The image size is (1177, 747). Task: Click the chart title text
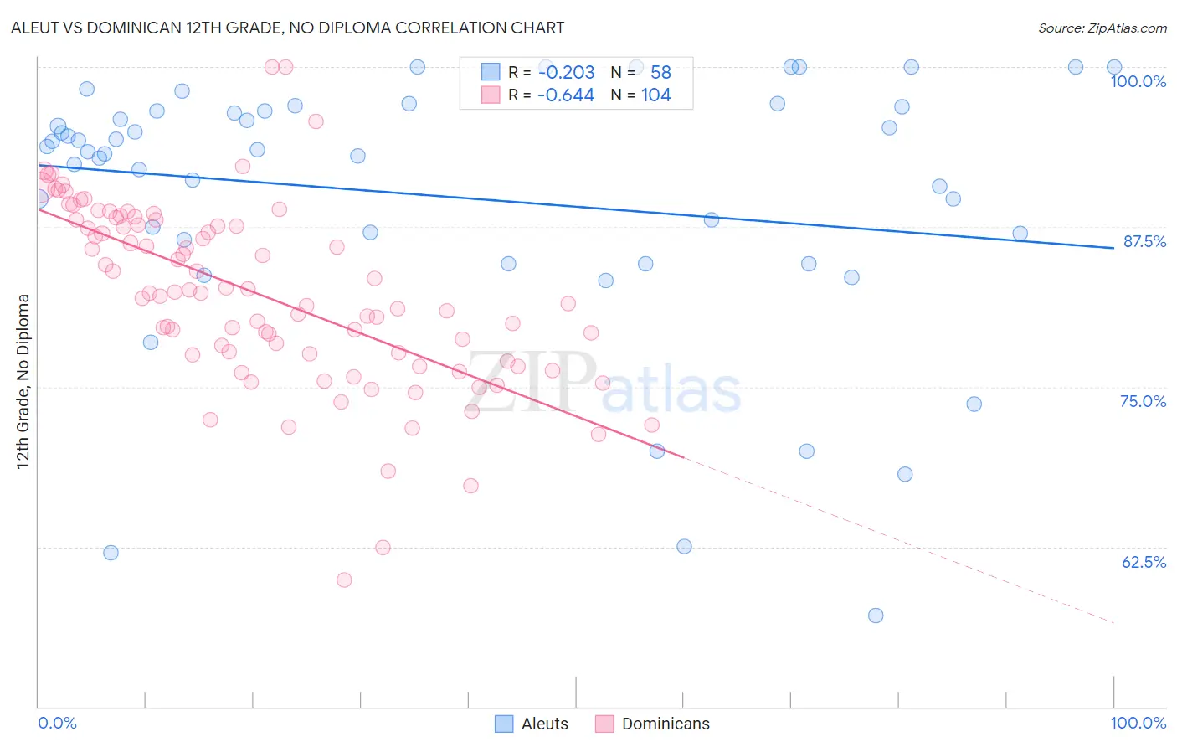click(x=287, y=28)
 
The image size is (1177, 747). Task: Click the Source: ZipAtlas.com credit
click(x=1102, y=28)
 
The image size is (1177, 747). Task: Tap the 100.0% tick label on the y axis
click(x=1138, y=81)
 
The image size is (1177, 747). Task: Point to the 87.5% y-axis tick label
click(x=1144, y=241)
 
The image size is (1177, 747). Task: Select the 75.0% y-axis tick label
click(x=1143, y=401)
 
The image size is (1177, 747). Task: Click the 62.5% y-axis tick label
click(x=1144, y=562)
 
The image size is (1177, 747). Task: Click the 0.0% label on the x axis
click(x=57, y=723)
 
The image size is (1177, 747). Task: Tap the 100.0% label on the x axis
click(x=1138, y=723)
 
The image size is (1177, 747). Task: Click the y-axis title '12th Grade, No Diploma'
click(x=23, y=381)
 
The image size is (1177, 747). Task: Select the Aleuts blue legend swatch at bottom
click(x=504, y=724)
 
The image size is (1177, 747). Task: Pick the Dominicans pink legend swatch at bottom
click(x=604, y=724)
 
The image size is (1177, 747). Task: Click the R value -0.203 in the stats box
click(x=567, y=72)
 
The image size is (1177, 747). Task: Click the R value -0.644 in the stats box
click(x=566, y=95)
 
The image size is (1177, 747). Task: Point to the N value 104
click(x=656, y=95)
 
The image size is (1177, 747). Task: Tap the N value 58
click(x=660, y=72)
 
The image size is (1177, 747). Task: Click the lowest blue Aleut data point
click(x=876, y=616)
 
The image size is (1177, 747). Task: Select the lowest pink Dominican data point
click(x=343, y=580)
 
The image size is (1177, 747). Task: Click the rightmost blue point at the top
click(x=1114, y=67)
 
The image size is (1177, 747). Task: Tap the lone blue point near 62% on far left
click(x=111, y=553)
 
